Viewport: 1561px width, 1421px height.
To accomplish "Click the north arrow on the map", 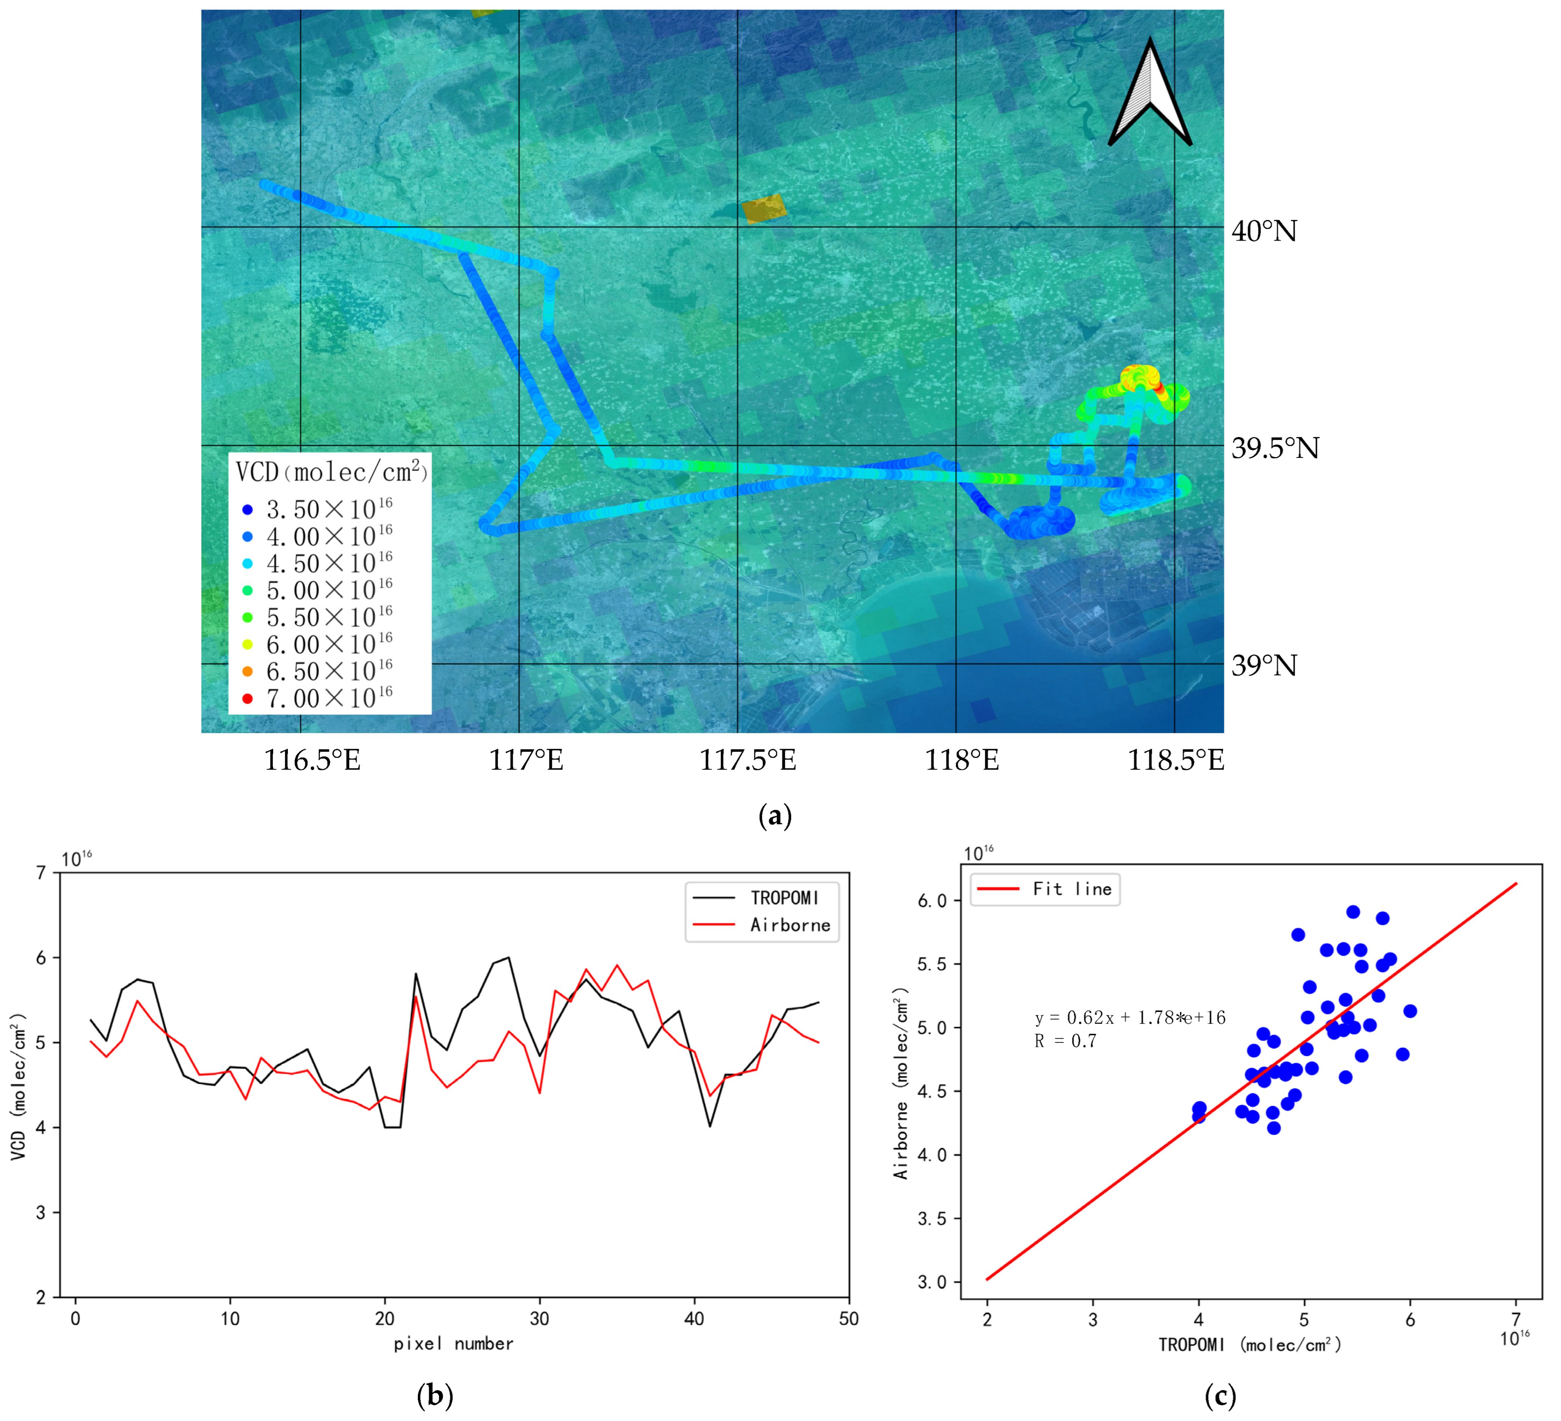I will (x=1150, y=93).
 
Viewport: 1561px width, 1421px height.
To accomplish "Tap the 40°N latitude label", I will (x=1264, y=231).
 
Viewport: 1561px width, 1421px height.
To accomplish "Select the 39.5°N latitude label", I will (x=1275, y=448).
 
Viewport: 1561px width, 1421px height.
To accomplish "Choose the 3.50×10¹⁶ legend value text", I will (x=329, y=509).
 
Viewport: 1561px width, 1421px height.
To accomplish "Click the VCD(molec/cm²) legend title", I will (x=331, y=471).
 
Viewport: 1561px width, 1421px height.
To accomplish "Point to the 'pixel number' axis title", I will (x=453, y=1344).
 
